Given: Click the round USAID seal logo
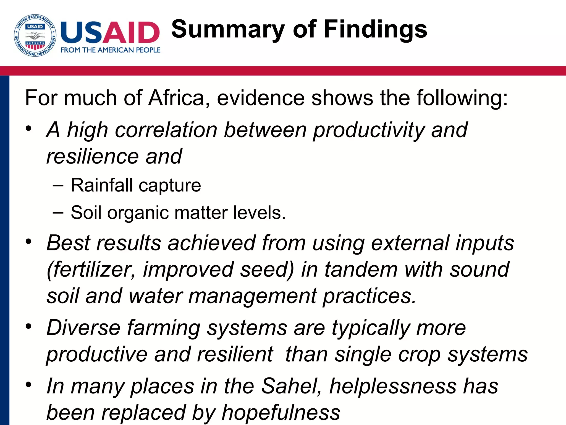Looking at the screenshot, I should tap(35, 35).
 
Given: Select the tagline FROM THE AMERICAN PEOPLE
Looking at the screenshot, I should tap(111, 50).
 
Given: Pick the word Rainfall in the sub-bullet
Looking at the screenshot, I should tap(102, 185).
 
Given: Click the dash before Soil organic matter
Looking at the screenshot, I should tap(58, 212).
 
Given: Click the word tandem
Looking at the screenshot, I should tap(361, 269).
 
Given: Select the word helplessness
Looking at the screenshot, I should tap(393, 386).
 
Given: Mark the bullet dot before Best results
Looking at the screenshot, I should tap(28, 241).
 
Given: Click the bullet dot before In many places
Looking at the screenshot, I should tap(28, 384).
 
